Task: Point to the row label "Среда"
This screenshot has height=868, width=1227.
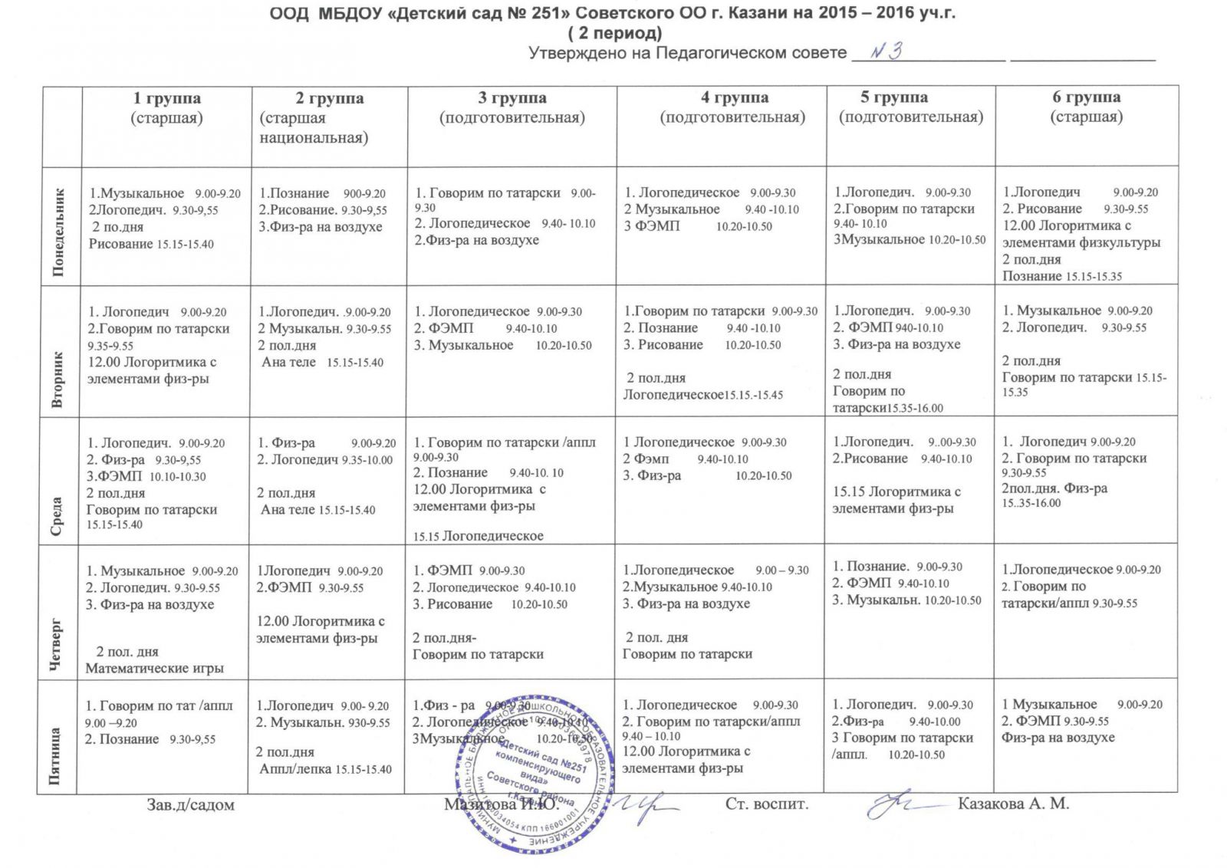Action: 59,515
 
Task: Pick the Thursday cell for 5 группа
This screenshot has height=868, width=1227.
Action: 910,610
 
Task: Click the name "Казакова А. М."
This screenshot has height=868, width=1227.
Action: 1013,804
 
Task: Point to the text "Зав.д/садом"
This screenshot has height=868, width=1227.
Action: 190,804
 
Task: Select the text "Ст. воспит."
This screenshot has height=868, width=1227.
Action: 767,804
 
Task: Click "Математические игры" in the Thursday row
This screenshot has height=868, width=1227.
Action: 154,668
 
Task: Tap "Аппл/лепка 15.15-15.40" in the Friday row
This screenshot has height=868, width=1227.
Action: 325,769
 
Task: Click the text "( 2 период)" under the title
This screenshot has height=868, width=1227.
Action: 613,33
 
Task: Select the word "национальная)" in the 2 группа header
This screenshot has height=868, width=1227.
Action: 314,138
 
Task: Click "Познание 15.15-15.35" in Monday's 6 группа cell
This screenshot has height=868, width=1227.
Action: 1061,276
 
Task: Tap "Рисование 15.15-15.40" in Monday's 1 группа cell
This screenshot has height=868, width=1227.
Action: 151,244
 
